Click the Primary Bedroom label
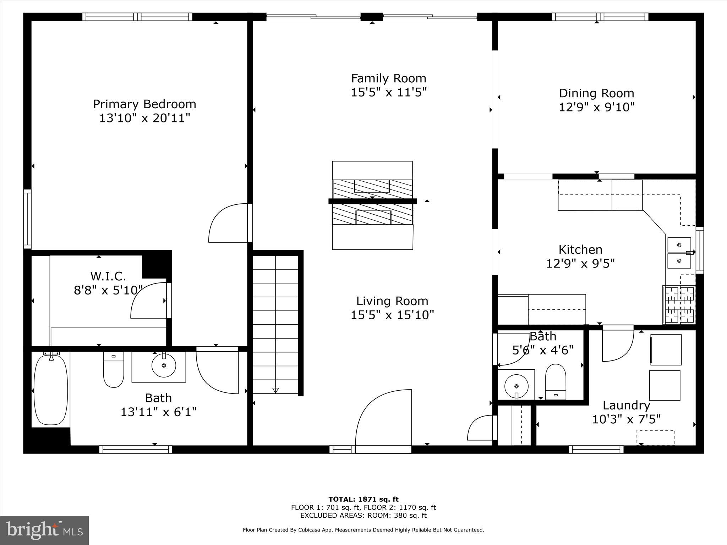click(x=144, y=104)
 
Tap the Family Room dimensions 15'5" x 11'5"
click(x=388, y=92)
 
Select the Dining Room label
click(x=596, y=93)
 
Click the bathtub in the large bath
click(x=51, y=390)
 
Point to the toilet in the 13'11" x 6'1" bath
click(x=114, y=370)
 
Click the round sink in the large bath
click(x=164, y=365)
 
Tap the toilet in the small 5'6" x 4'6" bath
click(x=555, y=381)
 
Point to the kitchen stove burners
click(x=679, y=305)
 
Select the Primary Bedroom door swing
click(x=229, y=224)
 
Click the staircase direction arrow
click(x=275, y=390)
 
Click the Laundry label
click(x=626, y=405)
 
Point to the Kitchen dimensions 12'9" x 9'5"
click(x=580, y=264)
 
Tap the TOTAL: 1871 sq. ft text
click(x=363, y=499)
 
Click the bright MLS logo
click(x=44, y=530)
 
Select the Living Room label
click(x=392, y=301)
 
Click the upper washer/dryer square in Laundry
click(x=666, y=349)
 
